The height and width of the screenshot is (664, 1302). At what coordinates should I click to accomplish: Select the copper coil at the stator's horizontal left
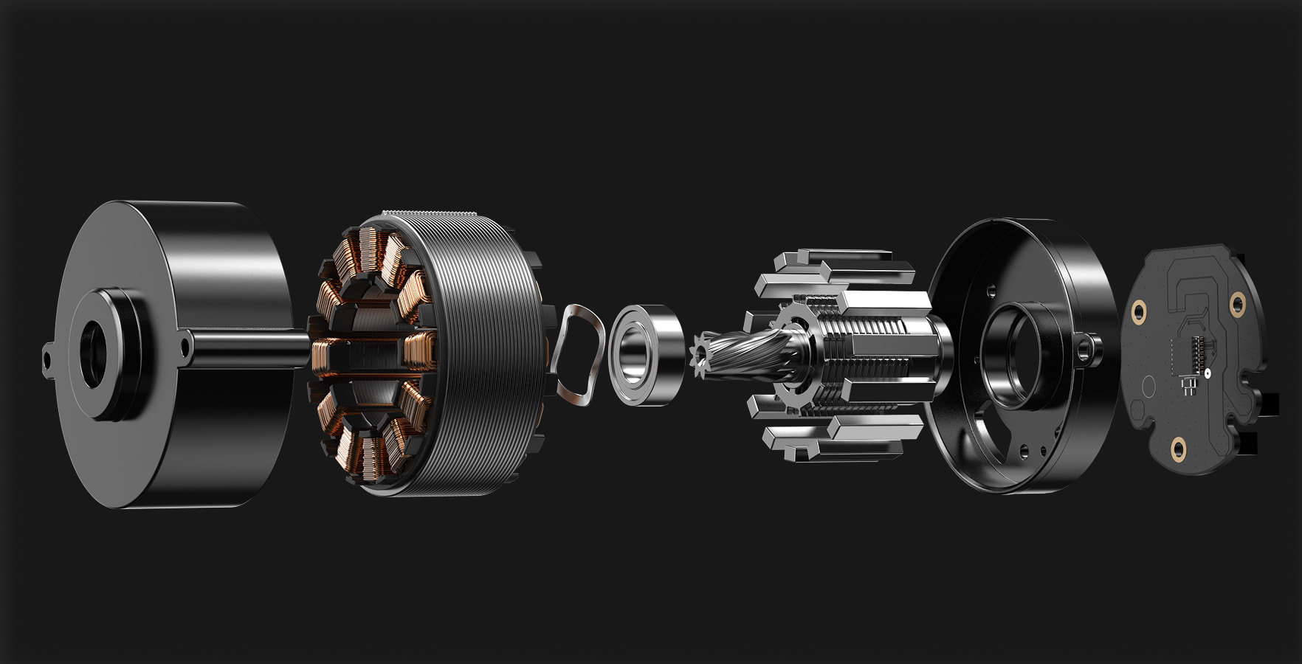[x=321, y=355]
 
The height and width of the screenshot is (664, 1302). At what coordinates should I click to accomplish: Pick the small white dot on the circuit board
[x=1208, y=374]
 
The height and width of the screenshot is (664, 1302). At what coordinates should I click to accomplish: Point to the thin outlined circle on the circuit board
[x=1148, y=387]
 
